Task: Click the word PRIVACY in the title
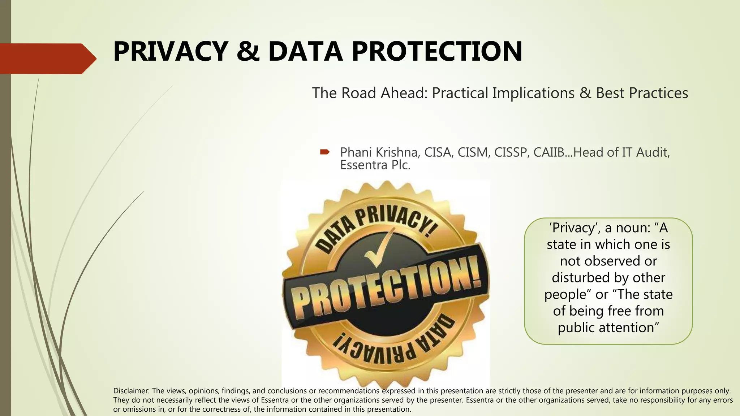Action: coord(170,52)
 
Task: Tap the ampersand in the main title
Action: coord(248,52)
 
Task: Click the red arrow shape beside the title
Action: coord(47,59)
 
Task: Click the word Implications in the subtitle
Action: coord(533,93)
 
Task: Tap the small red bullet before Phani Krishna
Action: coord(324,152)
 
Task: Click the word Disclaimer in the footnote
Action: coord(131,391)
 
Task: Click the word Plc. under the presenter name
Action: coord(401,165)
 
